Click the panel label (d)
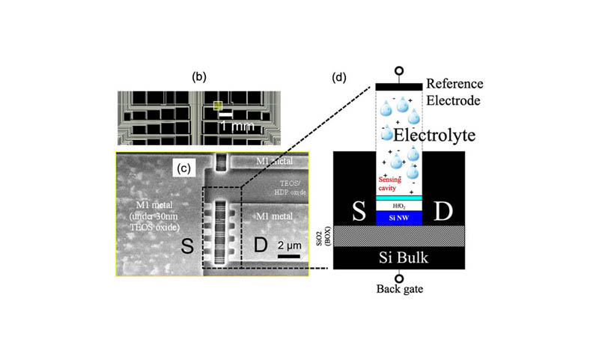click(x=341, y=76)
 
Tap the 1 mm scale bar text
click(x=242, y=127)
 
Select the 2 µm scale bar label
click(x=290, y=245)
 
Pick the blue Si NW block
click(x=398, y=217)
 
